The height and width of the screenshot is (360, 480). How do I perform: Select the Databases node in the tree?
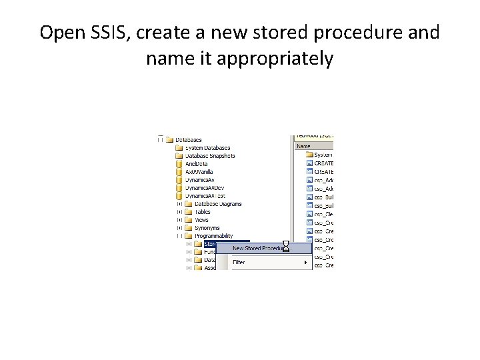click(189, 139)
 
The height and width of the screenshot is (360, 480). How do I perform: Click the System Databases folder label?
click(207, 147)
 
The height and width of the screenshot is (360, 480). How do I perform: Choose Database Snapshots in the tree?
click(210, 155)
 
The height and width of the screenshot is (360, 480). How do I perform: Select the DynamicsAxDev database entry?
click(205, 187)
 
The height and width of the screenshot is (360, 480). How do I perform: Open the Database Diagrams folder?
click(218, 204)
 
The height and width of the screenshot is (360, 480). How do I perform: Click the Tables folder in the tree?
click(202, 212)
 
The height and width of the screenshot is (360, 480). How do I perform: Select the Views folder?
click(201, 220)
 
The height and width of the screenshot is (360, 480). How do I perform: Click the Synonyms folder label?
click(207, 228)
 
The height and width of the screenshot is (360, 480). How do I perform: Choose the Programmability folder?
click(213, 236)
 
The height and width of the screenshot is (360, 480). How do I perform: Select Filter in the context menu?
click(239, 262)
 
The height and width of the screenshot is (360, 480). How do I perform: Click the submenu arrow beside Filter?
click(306, 262)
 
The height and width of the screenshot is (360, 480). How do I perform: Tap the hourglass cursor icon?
click(285, 247)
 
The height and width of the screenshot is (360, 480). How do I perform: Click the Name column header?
click(304, 145)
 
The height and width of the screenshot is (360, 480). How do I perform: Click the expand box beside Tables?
click(179, 212)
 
